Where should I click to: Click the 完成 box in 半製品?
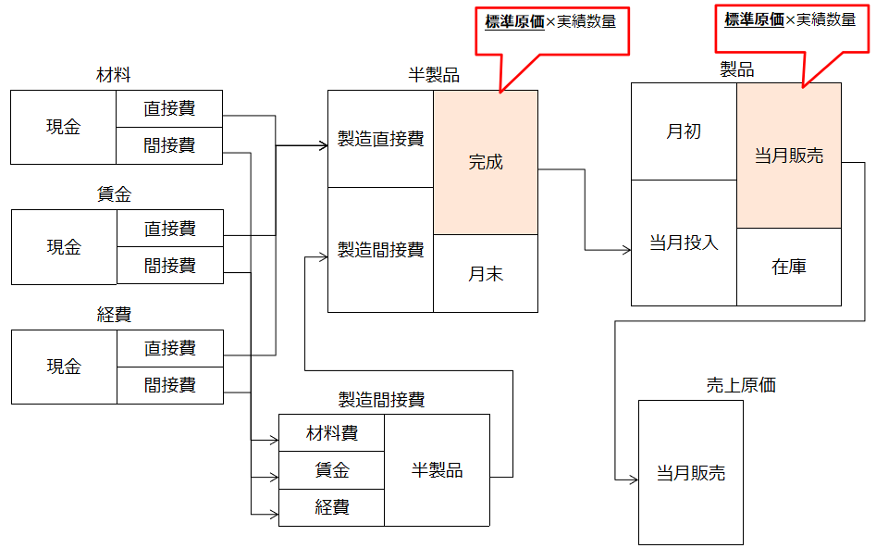pyautogui.click(x=486, y=162)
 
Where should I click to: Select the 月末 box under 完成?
pyautogui.click(x=486, y=273)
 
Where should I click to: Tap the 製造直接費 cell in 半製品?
pyautogui.click(x=380, y=139)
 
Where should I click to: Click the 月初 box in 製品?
pyautogui.click(x=684, y=131)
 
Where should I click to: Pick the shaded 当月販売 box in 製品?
pyautogui.click(x=789, y=156)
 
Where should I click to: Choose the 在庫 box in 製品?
pyautogui.click(x=789, y=267)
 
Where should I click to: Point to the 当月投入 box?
pyautogui.click(x=684, y=243)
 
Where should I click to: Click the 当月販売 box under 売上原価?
pyautogui.click(x=691, y=473)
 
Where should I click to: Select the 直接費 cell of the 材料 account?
pyautogui.click(x=169, y=108)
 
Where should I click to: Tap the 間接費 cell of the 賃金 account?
pyautogui.click(x=169, y=266)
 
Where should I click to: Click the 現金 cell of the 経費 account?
pyautogui.click(x=64, y=367)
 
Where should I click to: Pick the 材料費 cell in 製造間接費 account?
pyautogui.click(x=331, y=432)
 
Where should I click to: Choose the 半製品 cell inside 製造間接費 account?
pyautogui.click(x=437, y=470)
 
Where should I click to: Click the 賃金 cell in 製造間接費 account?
pyautogui.click(x=331, y=470)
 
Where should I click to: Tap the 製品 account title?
pyautogui.click(x=736, y=69)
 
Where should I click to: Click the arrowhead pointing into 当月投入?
pyautogui.click(x=625, y=249)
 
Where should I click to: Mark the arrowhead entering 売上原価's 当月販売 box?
pyautogui.click(x=633, y=479)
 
